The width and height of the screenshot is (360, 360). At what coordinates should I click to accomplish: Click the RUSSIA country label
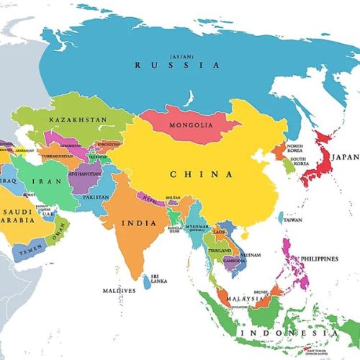(x=176, y=66)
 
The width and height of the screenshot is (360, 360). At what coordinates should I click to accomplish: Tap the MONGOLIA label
(x=191, y=125)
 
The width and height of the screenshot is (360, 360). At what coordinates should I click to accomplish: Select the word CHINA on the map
(x=201, y=174)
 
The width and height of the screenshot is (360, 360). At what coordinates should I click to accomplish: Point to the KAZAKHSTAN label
(x=78, y=120)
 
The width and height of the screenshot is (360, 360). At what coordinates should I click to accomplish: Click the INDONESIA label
(x=288, y=333)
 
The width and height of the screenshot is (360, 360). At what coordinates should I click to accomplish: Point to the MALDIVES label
(x=118, y=290)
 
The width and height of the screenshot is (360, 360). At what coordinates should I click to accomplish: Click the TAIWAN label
(x=293, y=220)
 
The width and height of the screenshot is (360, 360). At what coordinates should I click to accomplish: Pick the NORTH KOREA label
(x=295, y=148)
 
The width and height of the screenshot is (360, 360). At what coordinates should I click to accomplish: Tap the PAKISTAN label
(x=96, y=197)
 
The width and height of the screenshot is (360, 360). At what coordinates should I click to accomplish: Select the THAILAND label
(x=220, y=250)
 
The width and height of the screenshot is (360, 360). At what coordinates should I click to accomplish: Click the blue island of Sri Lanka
(x=148, y=282)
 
